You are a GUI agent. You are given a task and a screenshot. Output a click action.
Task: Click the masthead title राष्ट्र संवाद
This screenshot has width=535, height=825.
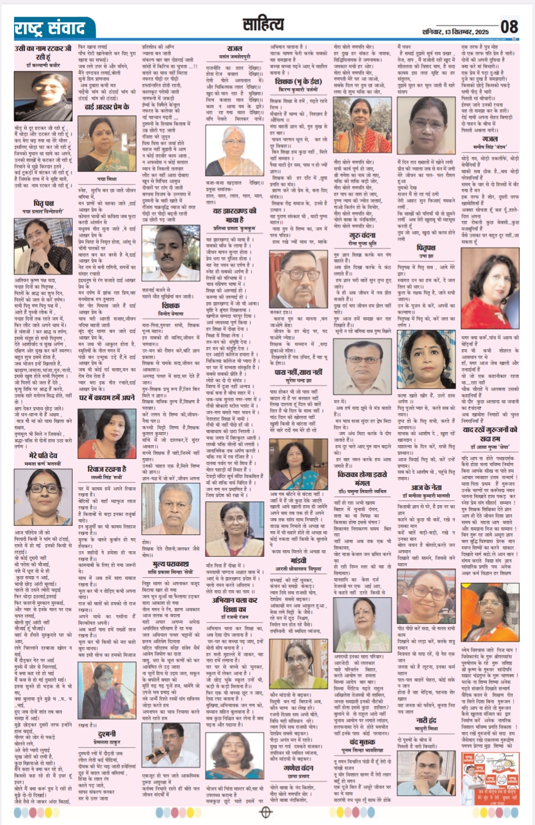(x=50, y=28)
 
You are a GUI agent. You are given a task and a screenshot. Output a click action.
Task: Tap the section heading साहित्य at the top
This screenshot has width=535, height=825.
(x=263, y=24)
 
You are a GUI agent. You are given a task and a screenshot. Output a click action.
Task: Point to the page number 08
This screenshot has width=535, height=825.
(x=509, y=27)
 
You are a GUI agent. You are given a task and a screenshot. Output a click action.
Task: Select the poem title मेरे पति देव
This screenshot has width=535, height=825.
(x=43, y=456)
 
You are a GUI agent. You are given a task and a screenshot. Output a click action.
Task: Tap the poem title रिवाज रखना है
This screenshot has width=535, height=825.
(x=109, y=468)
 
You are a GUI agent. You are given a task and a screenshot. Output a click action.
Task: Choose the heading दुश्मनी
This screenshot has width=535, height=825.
(x=107, y=734)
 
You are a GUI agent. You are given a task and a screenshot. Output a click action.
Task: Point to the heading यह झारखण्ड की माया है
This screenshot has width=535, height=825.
(x=234, y=215)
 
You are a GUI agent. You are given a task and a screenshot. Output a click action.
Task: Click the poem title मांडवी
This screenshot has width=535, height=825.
(x=299, y=560)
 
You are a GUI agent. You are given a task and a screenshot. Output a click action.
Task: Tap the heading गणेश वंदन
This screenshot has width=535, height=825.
(x=299, y=767)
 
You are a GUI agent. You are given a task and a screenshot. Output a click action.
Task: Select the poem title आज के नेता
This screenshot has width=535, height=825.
(x=426, y=487)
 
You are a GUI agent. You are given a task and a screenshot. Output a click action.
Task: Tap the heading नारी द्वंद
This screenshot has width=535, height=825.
(x=426, y=720)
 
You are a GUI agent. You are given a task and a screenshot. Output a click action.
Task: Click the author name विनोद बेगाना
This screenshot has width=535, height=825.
(x=170, y=313)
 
